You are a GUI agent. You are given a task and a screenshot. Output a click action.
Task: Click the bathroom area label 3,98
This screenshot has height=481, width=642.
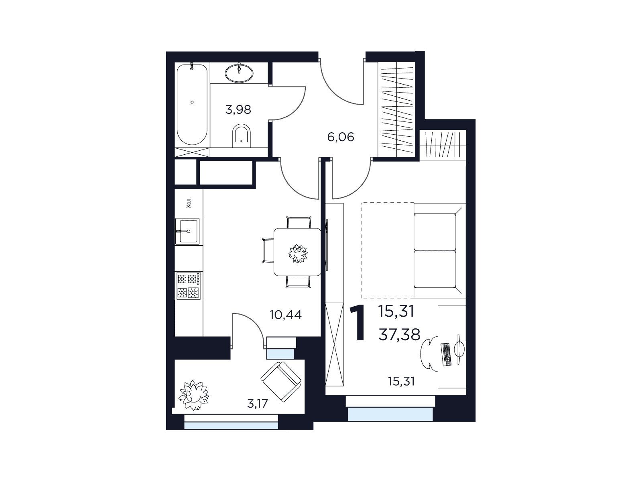pos(238,110)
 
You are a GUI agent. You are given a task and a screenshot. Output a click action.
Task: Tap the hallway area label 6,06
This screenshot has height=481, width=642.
pos(341,137)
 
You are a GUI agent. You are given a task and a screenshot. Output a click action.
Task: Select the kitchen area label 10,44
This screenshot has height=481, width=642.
pos(285,315)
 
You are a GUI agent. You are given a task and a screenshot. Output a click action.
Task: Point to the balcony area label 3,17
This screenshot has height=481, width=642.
pos(257,404)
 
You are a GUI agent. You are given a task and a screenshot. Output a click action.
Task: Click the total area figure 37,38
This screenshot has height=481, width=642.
pos(399,335)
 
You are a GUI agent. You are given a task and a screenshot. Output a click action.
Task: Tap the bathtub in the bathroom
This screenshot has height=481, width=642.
pos(192,104)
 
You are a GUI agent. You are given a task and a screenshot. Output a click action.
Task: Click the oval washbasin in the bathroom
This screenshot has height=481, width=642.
pos(239,73)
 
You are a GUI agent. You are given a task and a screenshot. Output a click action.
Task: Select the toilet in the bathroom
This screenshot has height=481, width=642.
pos(242,136)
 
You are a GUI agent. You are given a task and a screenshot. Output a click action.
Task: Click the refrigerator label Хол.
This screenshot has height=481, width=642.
pos(189,202)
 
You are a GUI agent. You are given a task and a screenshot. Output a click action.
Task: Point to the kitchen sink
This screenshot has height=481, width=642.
pos(187,231)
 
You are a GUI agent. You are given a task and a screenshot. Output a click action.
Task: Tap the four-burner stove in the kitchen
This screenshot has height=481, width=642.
pos(188,286)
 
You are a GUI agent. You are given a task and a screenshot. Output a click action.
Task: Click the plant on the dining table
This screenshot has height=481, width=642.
pos(298,253)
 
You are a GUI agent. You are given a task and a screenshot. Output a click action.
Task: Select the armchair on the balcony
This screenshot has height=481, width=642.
pos(280,382)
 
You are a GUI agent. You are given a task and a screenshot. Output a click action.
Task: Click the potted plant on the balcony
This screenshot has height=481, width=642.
pos(193,395)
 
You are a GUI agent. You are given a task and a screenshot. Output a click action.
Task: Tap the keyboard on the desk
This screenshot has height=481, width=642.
pos(446,355)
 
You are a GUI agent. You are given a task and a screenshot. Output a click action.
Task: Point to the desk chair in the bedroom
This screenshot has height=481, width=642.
pos(429,354)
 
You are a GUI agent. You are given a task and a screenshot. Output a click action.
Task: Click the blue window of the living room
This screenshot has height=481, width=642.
pos(390,414)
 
